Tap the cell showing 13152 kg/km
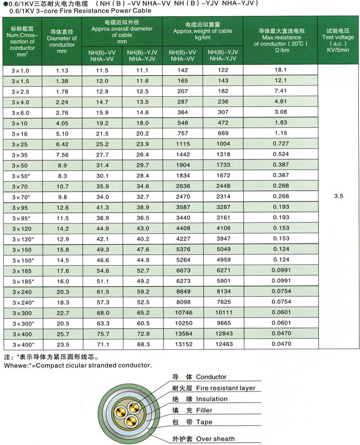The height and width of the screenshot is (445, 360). click(183, 344)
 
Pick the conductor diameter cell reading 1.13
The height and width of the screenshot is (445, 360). click(61, 70)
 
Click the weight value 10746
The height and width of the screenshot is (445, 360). click(183, 312)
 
